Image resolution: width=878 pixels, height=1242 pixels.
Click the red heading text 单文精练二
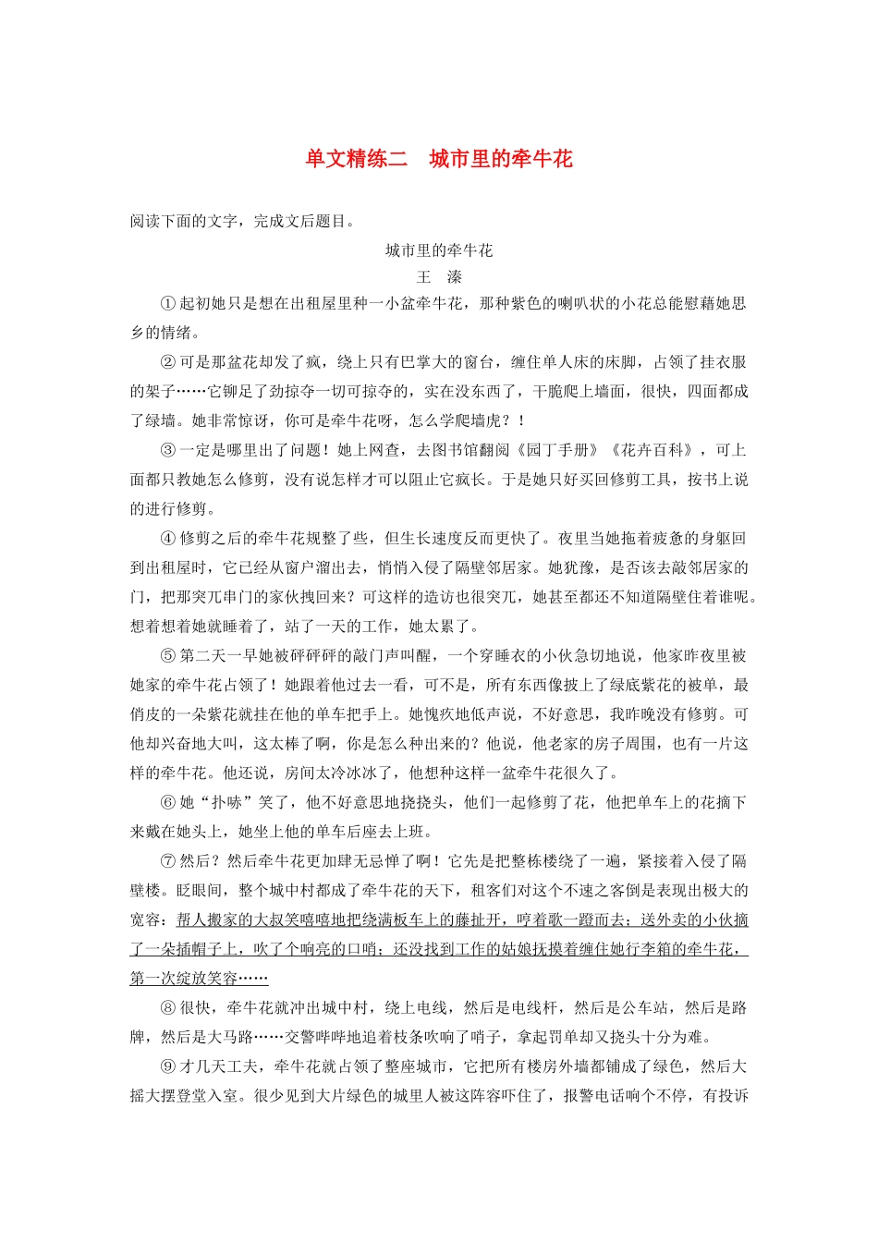357,159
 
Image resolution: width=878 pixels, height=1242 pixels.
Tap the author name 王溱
439,277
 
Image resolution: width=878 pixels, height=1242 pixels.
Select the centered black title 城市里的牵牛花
439,250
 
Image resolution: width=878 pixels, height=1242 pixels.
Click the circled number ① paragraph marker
168,303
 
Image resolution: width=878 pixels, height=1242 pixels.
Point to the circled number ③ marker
168,450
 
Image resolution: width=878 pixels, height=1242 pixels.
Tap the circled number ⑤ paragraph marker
168,655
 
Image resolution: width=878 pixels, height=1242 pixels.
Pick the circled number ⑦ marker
168,861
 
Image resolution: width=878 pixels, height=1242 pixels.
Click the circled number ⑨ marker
168,1066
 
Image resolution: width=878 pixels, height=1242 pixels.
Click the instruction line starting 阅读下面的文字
243,221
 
